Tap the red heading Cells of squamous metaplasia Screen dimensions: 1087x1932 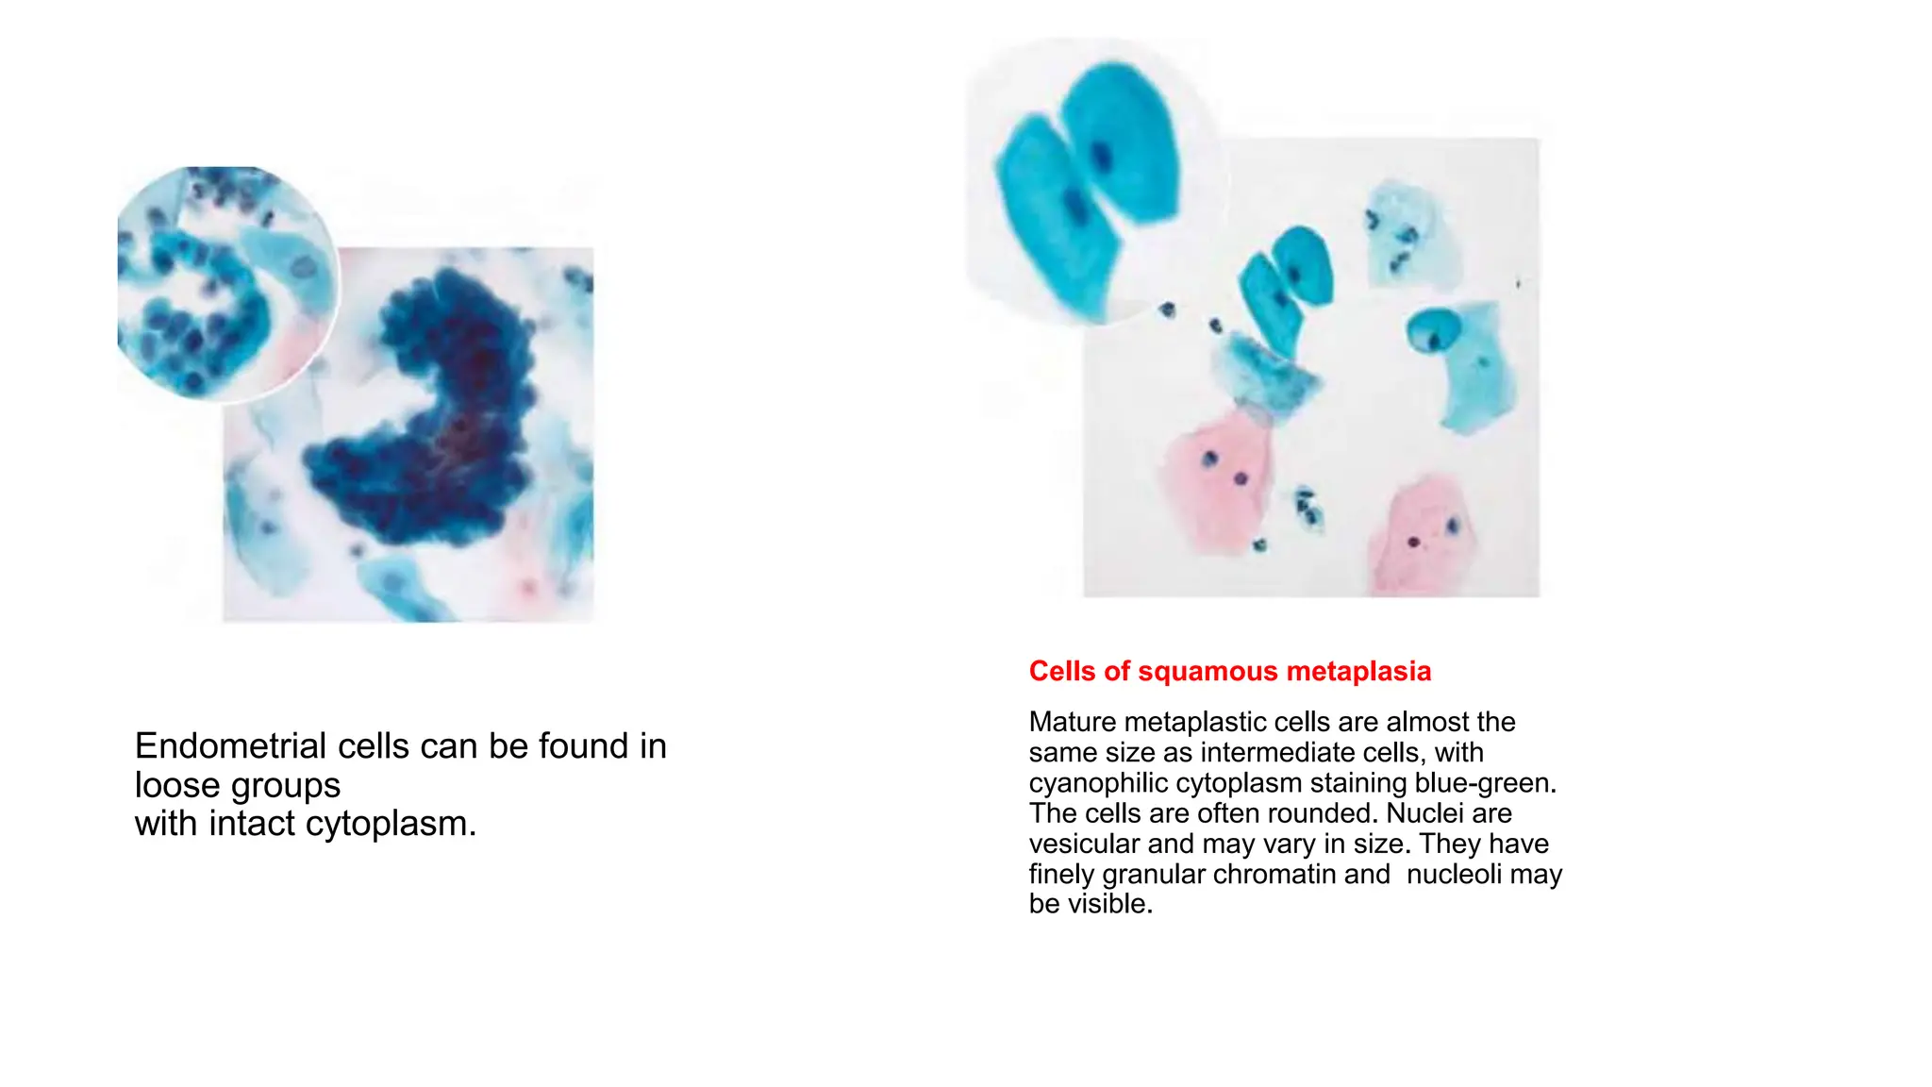point(1229,671)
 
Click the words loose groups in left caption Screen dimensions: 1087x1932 point(238,785)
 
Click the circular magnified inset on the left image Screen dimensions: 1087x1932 point(226,283)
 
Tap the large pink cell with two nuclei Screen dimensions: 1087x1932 point(1222,477)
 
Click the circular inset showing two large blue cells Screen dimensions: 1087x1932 point(1094,179)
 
